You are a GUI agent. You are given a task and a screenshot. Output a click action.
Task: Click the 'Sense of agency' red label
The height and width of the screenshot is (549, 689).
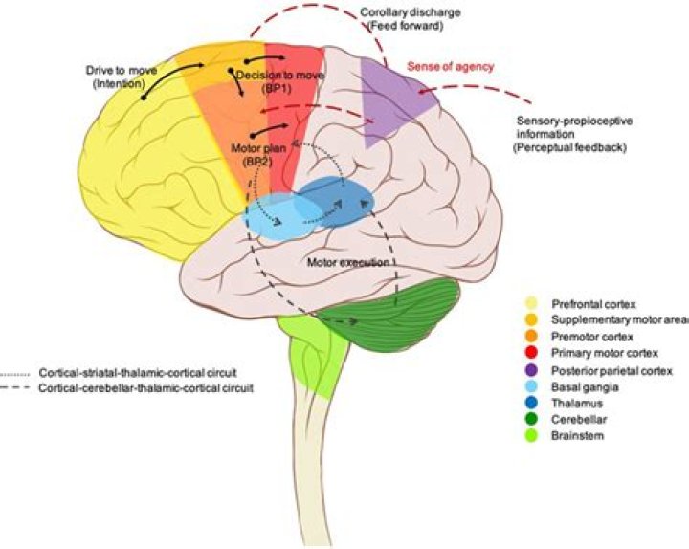[450, 67]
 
